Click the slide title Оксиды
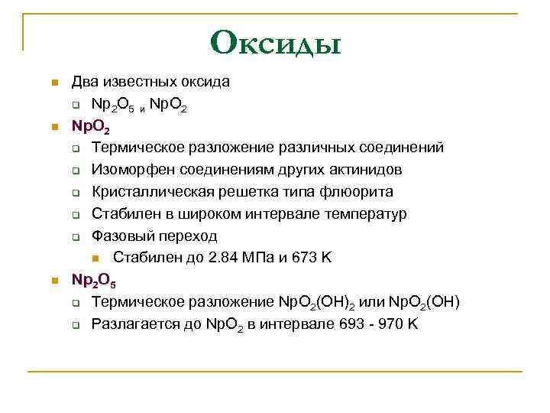276,42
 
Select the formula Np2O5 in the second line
113,104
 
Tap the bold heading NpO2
90,125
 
